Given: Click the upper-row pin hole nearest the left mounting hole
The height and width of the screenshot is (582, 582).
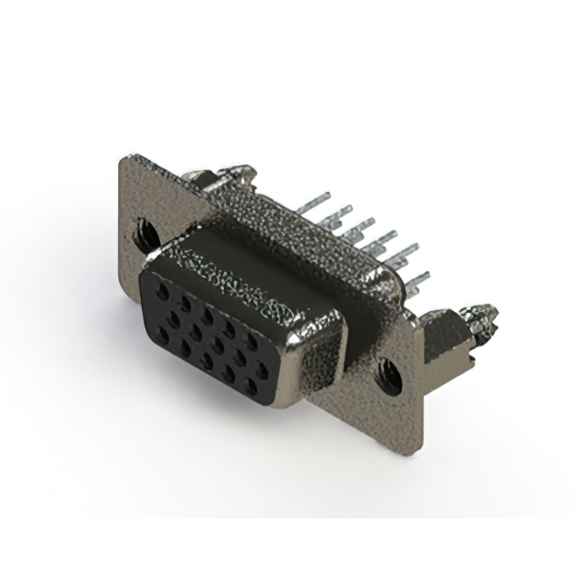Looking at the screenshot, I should pyautogui.click(x=162, y=292).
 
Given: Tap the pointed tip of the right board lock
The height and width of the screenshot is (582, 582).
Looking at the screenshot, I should pyautogui.click(x=492, y=314).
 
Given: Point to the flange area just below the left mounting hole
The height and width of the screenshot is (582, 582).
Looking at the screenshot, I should pyautogui.click(x=145, y=268).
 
